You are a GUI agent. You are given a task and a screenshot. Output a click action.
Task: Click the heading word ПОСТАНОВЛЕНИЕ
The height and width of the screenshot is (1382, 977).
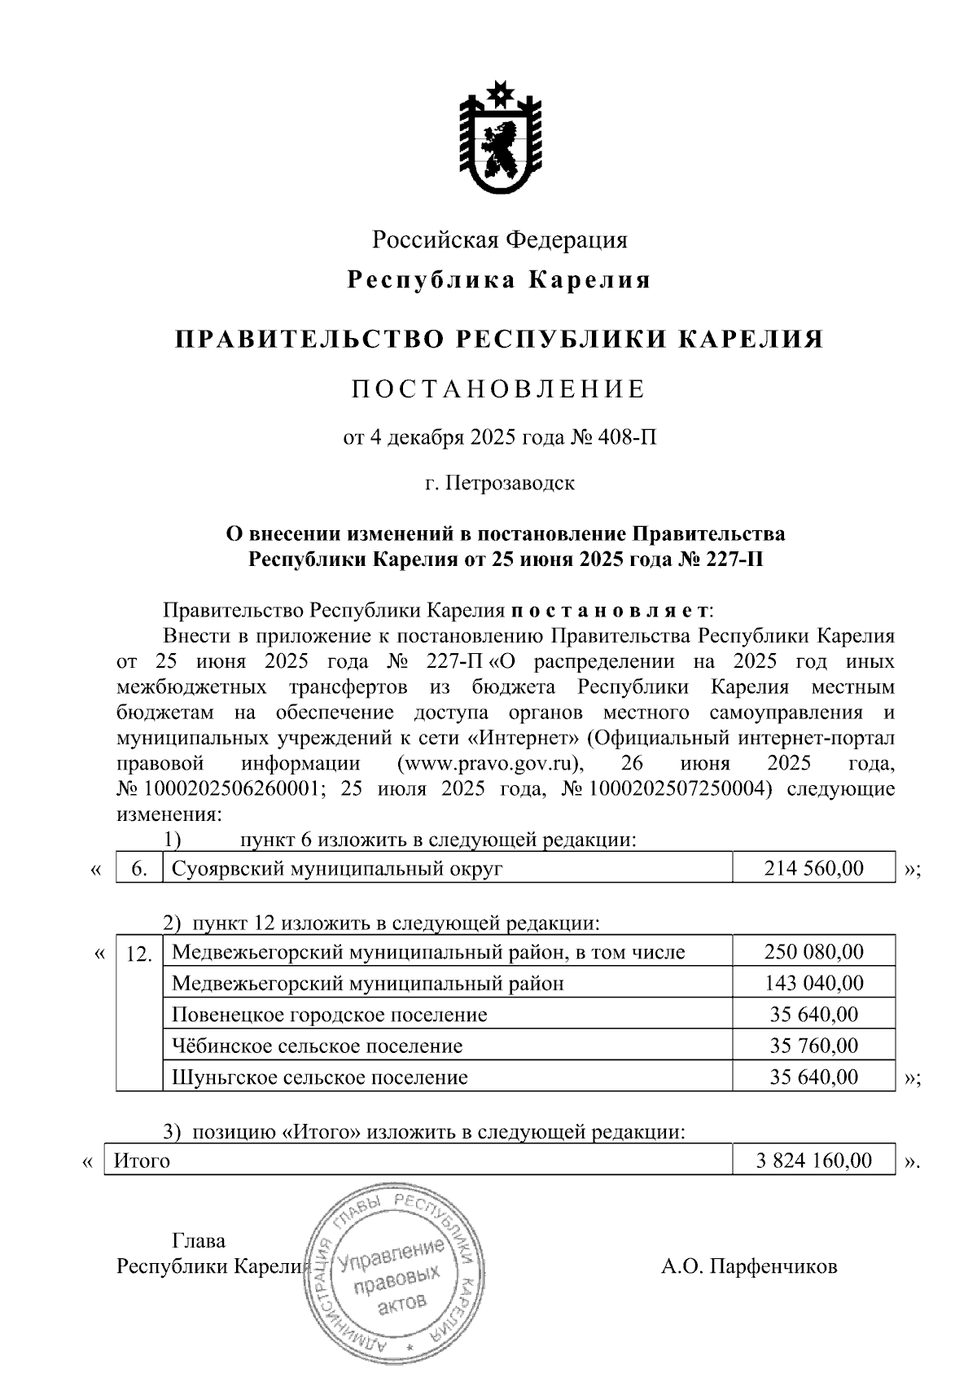[498, 389]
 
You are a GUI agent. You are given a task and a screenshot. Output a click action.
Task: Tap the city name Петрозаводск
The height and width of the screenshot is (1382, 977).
[510, 483]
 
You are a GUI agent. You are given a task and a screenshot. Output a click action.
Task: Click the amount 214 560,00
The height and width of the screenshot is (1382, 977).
[813, 868]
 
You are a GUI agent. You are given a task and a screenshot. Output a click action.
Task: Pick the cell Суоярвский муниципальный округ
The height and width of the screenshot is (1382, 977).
[337, 868]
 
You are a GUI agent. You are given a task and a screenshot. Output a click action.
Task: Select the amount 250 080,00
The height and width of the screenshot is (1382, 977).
[813, 951]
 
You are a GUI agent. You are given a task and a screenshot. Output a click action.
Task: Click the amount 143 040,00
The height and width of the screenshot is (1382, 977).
[813, 983]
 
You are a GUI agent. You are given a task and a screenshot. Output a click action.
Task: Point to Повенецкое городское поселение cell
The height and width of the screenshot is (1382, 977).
[330, 1015]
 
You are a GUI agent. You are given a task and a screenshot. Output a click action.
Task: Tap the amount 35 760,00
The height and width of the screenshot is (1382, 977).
[813, 1046]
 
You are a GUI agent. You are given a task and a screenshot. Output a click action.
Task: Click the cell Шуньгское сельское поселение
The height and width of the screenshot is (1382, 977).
[320, 1077]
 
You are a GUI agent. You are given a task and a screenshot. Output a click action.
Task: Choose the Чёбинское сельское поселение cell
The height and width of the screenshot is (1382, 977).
[318, 1046]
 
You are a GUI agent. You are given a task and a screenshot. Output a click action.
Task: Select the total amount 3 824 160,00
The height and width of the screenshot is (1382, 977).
[813, 1160]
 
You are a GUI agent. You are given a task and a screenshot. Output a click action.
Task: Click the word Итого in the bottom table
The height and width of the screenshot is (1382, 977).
[142, 1160]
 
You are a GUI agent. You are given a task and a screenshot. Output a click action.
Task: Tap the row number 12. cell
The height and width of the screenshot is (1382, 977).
[139, 954]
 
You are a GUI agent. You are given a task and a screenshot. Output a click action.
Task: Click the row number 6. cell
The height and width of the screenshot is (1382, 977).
[139, 868]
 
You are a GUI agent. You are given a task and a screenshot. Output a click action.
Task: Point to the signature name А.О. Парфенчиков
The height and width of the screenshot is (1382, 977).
[749, 1266]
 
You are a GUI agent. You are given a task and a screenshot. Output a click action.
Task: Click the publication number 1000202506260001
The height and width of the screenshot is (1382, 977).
[230, 789]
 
